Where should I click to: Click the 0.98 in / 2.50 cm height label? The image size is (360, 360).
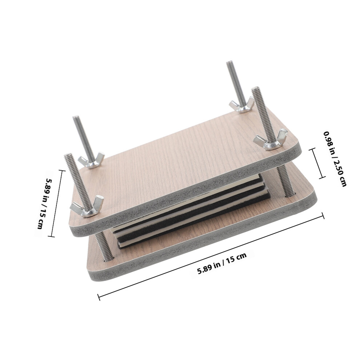point(335,159)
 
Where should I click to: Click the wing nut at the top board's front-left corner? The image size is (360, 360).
point(87,206)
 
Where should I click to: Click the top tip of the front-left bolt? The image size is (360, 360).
point(68,155)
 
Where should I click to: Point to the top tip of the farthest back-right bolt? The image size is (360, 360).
point(229,63)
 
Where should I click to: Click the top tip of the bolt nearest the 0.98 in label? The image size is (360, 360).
point(255,89)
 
